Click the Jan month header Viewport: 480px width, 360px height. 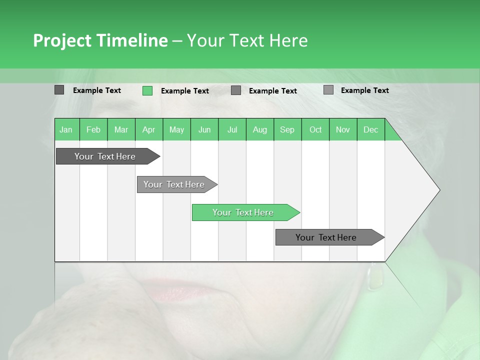(x=66, y=130)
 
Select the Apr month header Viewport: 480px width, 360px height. (x=148, y=130)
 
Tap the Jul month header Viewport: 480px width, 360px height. (x=232, y=130)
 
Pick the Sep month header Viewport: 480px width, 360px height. (x=287, y=130)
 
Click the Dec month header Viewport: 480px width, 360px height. (x=370, y=130)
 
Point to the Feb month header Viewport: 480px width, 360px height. (x=93, y=130)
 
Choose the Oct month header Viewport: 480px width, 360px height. (x=315, y=130)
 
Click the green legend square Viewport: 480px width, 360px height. (x=147, y=90)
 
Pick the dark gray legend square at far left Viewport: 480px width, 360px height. (x=59, y=90)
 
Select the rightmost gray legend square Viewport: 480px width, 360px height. (x=328, y=90)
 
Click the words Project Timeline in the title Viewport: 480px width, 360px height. (x=100, y=40)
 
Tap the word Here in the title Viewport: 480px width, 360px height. (x=288, y=40)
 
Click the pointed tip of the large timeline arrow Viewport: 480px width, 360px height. (x=439, y=190)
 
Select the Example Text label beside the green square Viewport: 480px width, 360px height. (x=184, y=91)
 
